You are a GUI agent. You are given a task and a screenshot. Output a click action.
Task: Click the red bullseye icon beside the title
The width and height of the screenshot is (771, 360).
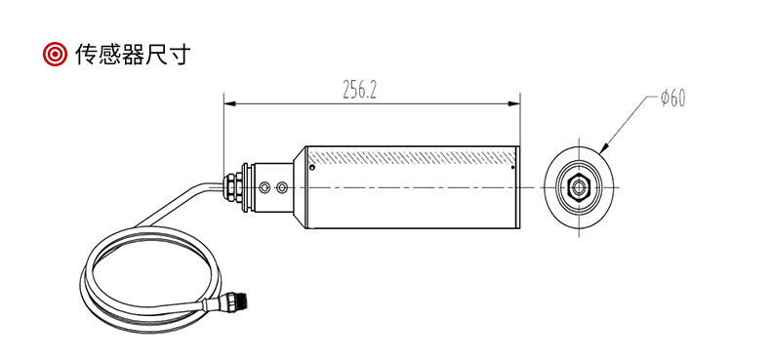55,54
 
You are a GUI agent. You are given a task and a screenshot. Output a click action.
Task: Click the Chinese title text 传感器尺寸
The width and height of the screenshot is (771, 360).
132,54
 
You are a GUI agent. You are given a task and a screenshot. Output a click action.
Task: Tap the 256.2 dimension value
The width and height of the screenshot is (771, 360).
359,90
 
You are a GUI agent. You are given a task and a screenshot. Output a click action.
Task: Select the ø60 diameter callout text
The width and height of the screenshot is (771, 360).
672,99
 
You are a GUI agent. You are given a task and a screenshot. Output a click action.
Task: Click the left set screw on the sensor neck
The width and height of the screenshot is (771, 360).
265,187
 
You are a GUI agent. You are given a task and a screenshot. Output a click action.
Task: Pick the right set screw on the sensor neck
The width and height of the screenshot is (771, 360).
282,187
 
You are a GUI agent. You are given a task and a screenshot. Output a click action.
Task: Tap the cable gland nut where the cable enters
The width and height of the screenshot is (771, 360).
231,187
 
